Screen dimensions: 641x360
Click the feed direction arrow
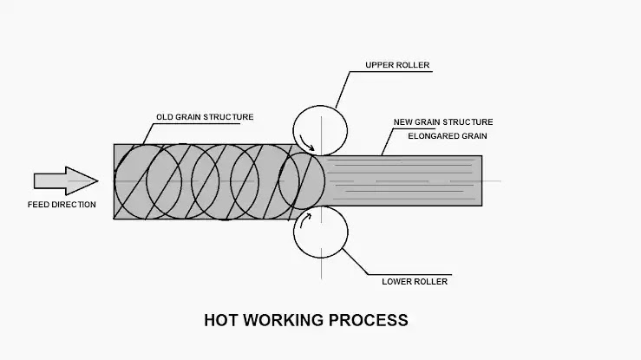[x=66, y=180]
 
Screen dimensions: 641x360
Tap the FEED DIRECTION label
[x=62, y=205]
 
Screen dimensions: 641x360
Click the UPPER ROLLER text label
[x=397, y=65]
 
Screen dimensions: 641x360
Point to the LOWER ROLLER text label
[x=415, y=282]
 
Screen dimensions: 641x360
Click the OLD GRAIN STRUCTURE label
[x=205, y=117]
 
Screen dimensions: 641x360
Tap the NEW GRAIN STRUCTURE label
[x=443, y=121]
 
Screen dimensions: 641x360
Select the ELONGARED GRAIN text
[x=448, y=135]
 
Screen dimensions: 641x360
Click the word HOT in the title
[x=221, y=320]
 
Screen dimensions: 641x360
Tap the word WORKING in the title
[x=284, y=320]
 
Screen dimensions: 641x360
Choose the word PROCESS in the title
[x=369, y=320]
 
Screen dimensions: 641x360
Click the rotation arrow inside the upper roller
[x=306, y=144]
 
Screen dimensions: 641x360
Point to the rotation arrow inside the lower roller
[x=305, y=219]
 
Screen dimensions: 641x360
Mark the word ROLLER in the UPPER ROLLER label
[x=414, y=65]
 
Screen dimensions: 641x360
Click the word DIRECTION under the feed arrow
[x=75, y=205]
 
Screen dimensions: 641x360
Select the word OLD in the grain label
[x=164, y=117]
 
